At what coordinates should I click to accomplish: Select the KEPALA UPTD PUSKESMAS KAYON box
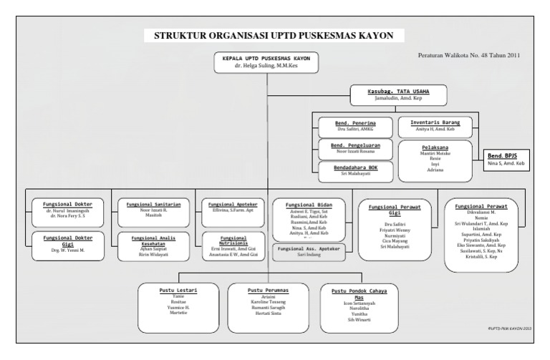(x=266, y=63)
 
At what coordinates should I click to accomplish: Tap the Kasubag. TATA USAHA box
(x=397, y=95)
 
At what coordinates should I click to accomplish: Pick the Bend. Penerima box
(x=355, y=126)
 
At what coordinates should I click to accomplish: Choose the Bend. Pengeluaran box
(x=355, y=149)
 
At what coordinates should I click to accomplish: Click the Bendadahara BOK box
(x=355, y=170)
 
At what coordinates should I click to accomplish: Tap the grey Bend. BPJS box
(x=506, y=160)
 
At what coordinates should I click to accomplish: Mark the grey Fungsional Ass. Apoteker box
(x=311, y=250)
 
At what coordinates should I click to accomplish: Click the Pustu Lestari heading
(x=178, y=289)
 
